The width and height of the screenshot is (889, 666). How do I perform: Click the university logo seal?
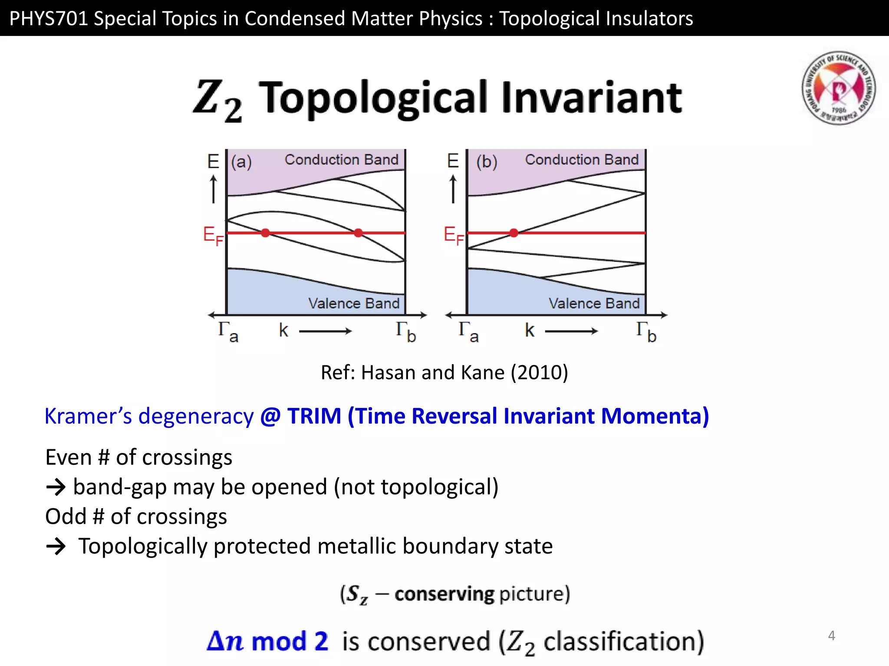coord(838,88)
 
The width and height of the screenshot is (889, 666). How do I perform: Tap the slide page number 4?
coord(831,636)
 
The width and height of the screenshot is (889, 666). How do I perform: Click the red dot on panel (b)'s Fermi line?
coord(514,233)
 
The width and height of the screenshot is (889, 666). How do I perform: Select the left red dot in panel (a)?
coord(265,233)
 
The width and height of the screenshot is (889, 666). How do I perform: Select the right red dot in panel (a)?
coord(358,233)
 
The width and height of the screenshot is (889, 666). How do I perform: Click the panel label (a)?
coord(241,162)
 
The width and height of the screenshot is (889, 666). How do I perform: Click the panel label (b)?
coord(486,162)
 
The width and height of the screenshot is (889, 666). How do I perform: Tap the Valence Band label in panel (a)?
coord(353,303)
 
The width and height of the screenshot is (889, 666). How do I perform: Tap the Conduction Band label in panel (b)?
coord(582,160)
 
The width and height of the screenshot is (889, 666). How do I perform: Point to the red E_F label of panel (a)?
coord(213,235)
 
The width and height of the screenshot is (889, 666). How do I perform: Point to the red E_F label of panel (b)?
coord(453,235)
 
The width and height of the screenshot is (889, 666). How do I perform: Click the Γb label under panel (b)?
coord(645,332)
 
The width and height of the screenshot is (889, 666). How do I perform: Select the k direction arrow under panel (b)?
coord(571,331)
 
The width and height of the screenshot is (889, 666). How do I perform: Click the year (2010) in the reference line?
coord(539,372)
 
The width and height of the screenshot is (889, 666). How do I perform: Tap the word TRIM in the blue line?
coord(314,416)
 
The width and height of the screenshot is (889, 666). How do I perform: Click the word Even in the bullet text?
coord(68,457)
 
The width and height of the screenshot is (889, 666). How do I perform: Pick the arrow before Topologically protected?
coord(56,546)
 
